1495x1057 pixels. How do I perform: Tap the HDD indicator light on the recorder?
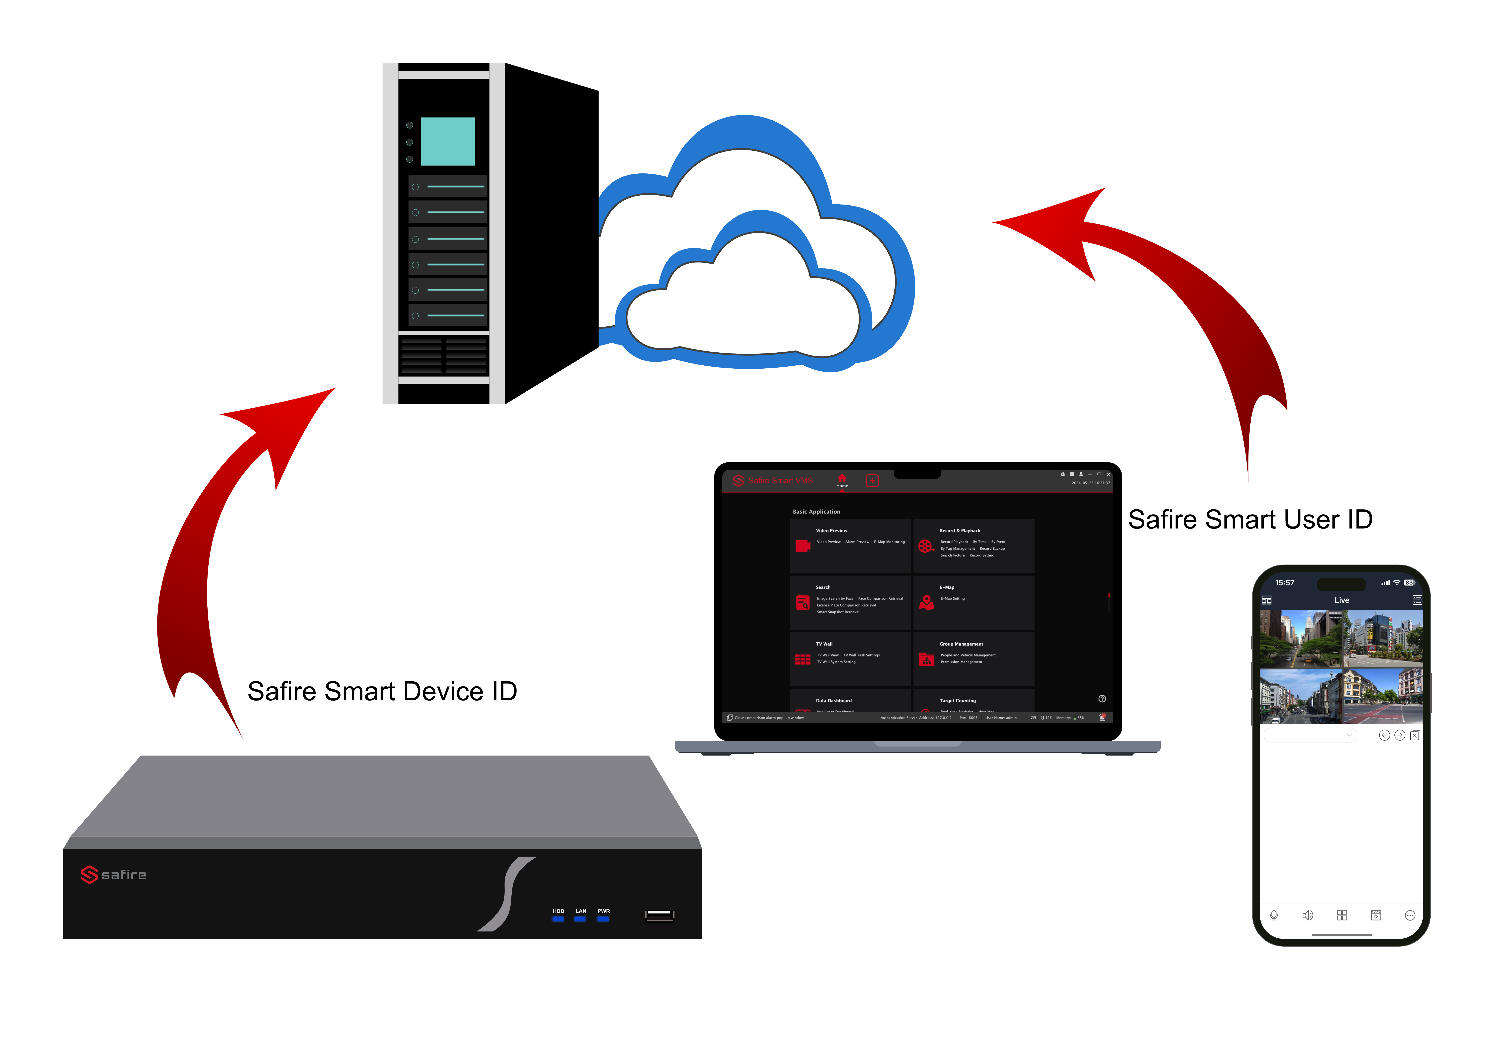558,919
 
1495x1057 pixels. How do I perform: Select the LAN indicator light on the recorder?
580,919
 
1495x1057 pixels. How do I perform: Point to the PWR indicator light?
603,919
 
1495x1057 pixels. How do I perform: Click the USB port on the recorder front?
659,916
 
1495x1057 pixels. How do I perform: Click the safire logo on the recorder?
114,875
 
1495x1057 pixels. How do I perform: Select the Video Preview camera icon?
803,546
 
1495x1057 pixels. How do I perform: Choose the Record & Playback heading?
960,531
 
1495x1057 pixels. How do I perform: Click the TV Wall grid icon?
803,659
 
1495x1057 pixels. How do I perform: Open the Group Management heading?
961,644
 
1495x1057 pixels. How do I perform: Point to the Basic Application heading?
817,512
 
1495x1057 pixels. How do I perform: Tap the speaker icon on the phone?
1307,915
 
